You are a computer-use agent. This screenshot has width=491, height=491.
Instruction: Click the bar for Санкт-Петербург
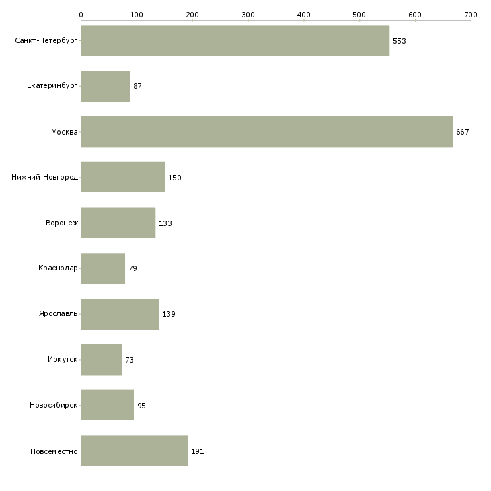(235, 40)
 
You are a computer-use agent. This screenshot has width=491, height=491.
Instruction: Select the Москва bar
(267, 132)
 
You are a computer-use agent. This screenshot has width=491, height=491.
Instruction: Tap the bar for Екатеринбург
(106, 86)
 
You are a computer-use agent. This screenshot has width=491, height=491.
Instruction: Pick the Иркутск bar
(102, 360)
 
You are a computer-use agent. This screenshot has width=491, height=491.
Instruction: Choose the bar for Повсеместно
(135, 451)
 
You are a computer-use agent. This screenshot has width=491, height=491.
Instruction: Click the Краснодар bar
(103, 268)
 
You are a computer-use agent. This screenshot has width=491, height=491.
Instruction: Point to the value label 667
(463, 132)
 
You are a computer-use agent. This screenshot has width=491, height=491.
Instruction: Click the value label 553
(400, 41)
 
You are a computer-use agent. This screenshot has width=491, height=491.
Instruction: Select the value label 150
(175, 178)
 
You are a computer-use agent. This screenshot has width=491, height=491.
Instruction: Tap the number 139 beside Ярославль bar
(169, 314)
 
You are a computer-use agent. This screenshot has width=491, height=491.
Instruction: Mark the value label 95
(141, 406)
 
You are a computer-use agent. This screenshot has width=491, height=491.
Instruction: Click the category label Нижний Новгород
(45, 178)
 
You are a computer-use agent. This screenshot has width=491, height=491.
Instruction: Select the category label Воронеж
(62, 223)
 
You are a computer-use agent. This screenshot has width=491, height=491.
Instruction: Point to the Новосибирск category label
(54, 405)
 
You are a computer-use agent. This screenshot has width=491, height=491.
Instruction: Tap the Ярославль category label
(59, 313)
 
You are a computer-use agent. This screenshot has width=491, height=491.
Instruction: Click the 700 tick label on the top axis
(471, 15)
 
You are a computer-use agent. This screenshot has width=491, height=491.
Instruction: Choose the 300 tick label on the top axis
(248, 15)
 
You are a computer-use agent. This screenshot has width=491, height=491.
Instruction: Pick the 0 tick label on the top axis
(81, 15)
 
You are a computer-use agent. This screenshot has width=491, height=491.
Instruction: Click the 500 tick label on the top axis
(359, 15)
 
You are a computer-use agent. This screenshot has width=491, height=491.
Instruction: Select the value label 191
(198, 451)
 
